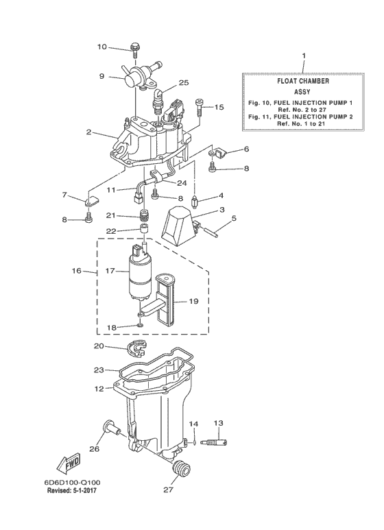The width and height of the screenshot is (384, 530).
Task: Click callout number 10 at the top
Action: [101, 47]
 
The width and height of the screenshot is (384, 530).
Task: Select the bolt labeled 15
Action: [200, 105]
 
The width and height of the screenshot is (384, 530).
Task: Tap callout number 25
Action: [183, 82]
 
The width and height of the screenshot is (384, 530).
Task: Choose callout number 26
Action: [95, 450]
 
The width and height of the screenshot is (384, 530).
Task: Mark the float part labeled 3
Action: [182, 228]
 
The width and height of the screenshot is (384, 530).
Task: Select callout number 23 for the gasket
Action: [99, 370]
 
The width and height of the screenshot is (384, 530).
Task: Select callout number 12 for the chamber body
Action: [99, 389]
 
